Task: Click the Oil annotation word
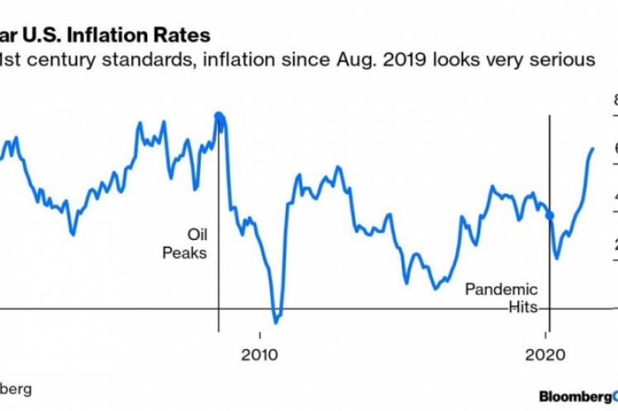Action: pyautogui.click(x=196, y=234)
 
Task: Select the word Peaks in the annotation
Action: pyautogui.click(x=185, y=253)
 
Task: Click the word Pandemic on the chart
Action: pyautogui.click(x=501, y=290)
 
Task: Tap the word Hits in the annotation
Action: pyautogui.click(x=522, y=308)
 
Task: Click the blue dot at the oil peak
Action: pyautogui.click(x=219, y=116)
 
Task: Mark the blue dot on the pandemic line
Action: pyautogui.click(x=550, y=215)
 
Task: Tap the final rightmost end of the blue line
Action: pyautogui.click(x=592, y=149)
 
